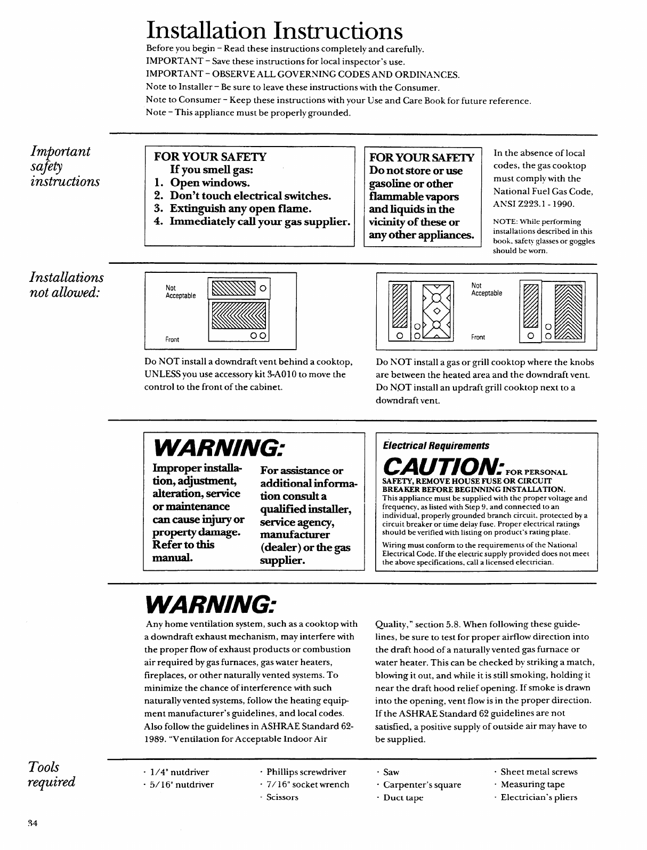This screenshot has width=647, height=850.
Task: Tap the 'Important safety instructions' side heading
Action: [64, 166]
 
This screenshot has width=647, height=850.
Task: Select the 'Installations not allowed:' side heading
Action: [66, 285]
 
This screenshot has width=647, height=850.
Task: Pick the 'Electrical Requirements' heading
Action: [436, 446]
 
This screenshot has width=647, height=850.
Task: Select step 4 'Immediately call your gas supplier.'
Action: [252, 221]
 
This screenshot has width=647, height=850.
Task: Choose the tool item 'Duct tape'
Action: [403, 797]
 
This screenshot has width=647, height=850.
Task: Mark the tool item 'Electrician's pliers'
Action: [539, 797]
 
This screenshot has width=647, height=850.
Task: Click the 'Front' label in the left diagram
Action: [172, 339]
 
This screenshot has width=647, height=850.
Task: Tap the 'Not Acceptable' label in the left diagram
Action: [181, 292]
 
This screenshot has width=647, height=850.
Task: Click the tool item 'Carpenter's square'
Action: [422, 784]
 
